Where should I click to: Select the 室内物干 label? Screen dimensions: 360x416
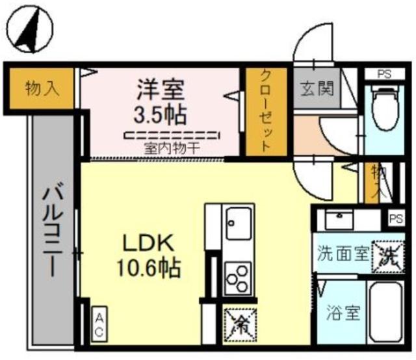(172, 148)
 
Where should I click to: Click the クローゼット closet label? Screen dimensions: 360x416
(266, 110)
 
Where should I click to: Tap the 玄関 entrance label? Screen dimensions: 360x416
(317, 88)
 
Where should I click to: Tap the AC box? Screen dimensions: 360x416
(99, 324)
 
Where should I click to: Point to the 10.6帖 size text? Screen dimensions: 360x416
(148, 267)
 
